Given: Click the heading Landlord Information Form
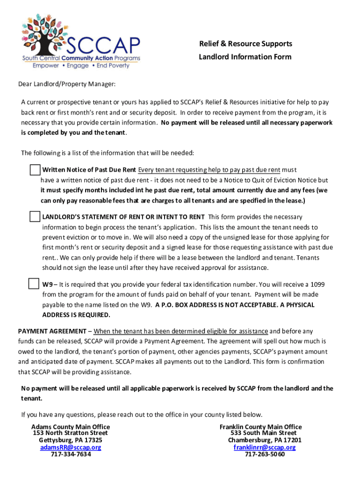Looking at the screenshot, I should tap(245, 57).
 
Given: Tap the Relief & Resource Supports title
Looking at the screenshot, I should tap(245, 44).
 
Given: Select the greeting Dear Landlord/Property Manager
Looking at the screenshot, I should tap(66, 84).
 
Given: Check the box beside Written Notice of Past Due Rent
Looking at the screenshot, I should tap(35, 169).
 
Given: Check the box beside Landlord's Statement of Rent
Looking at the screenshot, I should tap(35, 217).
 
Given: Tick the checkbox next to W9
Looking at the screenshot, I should tap(34, 283).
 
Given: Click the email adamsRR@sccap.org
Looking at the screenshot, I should tap(71, 447).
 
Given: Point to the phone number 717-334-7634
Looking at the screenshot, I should tap(71, 454).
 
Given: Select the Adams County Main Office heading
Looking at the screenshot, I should tap(71, 427).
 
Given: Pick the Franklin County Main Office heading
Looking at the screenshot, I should tap(260, 427).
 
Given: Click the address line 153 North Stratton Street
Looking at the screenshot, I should tap(70, 433).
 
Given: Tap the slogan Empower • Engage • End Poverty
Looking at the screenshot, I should tap(81, 66).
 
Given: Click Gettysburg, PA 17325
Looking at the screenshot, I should tap(71, 440).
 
